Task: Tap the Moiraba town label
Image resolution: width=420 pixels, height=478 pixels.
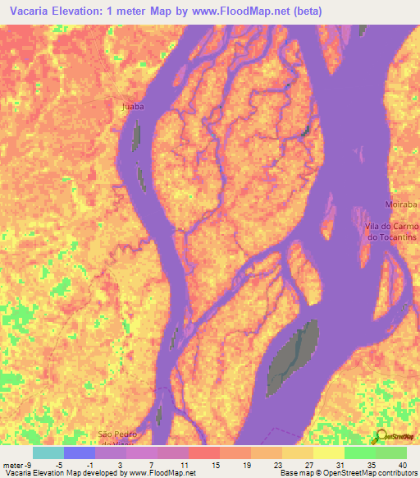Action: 401,203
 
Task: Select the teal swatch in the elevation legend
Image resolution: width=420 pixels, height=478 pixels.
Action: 48,452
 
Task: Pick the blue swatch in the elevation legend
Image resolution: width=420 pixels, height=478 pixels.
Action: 80,452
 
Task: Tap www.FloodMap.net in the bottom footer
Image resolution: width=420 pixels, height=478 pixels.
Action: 161,473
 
